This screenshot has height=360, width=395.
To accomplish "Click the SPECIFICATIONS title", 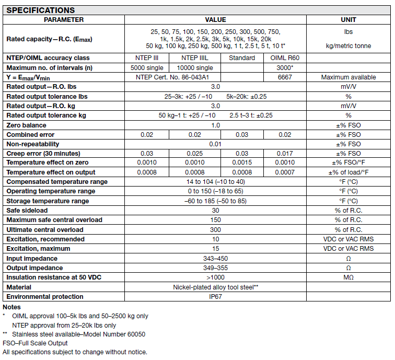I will click(x=41, y=10).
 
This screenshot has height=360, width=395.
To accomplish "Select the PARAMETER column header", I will click(x=64, y=20).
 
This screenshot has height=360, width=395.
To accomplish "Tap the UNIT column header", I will click(x=348, y=20).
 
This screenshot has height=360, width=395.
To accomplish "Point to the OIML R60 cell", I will click(x=285, y=58).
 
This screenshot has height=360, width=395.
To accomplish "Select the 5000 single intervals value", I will click(x=147, y=68).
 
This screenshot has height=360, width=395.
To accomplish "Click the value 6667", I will click(x=285, y=77).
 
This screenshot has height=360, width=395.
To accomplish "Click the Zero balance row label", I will click(x=26, y=125).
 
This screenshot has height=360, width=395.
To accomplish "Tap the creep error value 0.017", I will click(x=285, y=154).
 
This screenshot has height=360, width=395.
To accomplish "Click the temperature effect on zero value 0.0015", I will click(x=242, y=163).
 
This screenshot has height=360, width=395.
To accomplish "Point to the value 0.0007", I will click(x=285, y=172).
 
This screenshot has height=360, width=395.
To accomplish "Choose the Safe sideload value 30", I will click(x=215, y=211).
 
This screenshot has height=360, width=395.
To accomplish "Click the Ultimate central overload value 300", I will click(x=215, y=230).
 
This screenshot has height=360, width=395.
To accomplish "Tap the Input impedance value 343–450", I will click(x=215, y=259).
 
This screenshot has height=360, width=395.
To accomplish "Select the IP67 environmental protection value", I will click(x=215, y=297).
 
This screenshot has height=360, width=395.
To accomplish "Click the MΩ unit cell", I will click(x=348, y=277).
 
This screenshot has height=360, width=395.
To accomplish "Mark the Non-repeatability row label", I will click(x=33, y=144).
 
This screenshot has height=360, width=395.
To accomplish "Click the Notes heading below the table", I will click(x=11, y=307).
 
